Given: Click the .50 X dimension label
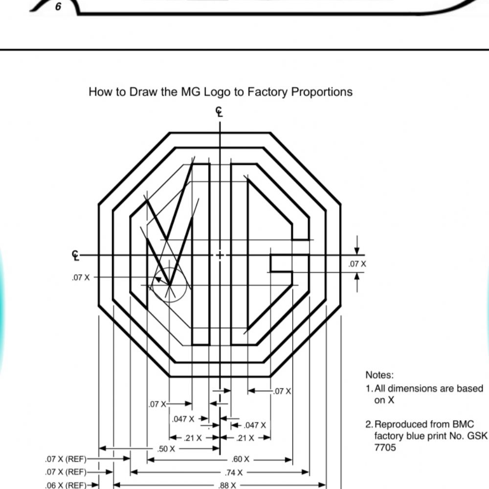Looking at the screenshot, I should [166, 449].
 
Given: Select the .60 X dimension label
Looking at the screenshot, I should [240, 460].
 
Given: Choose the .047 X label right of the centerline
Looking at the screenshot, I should [255, 425].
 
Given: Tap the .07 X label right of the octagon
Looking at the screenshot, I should [357, 264].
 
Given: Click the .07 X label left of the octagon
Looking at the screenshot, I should [81, 277].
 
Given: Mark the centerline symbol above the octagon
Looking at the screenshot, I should [220, 112].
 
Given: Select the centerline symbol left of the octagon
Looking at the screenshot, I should [76, 255].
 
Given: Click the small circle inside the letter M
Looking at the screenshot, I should [169, 285].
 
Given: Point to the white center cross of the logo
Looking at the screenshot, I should [220, 255].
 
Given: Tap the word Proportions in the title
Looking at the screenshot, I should [322, 92].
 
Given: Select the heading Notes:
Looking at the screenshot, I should [379, 375].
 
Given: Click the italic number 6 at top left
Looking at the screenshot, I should [58, 7].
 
